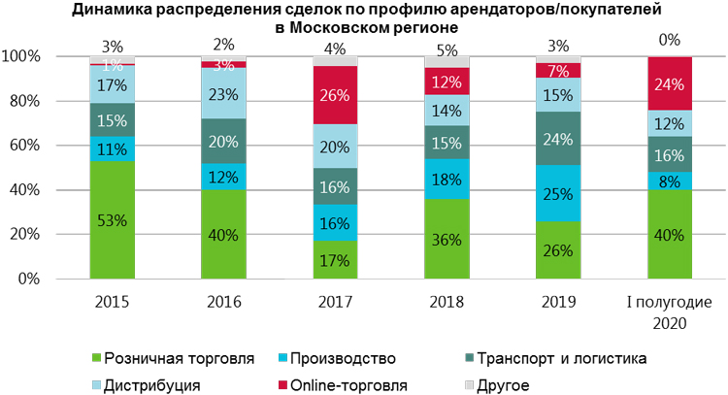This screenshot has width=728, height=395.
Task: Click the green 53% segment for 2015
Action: pyautogui.click(x=113, y=219)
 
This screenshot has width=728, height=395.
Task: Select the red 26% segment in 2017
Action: pyautogui.click(x=335, y=95)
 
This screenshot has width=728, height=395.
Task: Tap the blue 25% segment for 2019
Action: pyautogui.click(x=558, y=192)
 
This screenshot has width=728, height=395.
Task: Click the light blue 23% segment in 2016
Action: pyautogui.click(x=223, y=94)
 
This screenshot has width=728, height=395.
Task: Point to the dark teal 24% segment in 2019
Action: pyautogui.click(x=558, y=138)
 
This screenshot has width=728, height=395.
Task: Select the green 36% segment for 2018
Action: pyautogui.click(x=447, y=239)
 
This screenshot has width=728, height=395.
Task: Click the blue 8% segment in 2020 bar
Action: pyautogui.click(x=669, y=181)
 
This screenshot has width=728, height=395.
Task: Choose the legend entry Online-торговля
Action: pyautogui.click(x=352, y=385)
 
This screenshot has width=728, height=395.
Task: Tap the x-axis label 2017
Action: pyautogui.click(x=335, y=302)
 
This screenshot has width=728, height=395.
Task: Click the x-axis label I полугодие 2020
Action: pyautogui.click(x=669, y=311)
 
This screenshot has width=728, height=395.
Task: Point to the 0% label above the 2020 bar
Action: pyautogui.click(x=669, y=41)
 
